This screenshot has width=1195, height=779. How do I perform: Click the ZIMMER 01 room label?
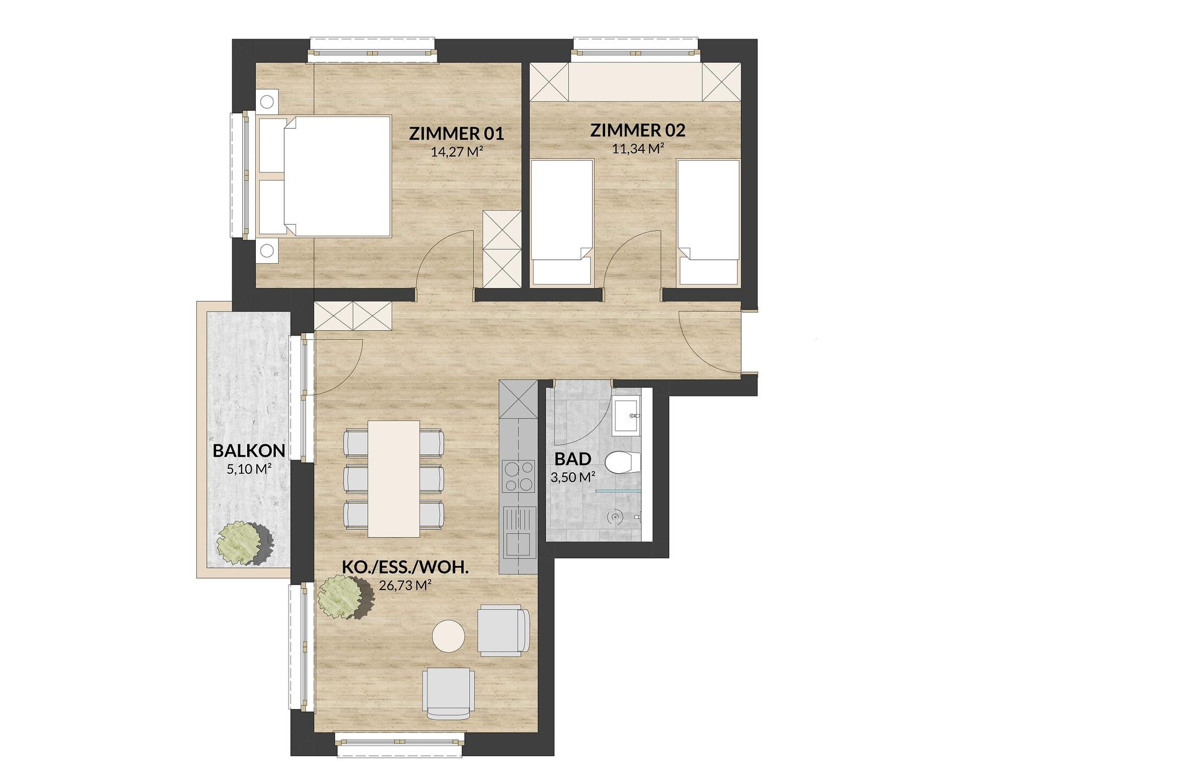(x=456, y=134)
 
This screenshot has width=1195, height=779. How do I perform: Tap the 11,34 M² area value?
(x=638, y=148)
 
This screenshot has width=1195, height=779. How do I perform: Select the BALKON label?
(x=249, y=451)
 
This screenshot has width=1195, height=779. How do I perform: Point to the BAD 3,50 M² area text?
(x=573, y=478)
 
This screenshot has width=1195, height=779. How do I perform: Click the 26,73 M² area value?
(x=405, y=585)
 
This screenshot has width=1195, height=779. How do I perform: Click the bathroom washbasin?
(x=627, y=415)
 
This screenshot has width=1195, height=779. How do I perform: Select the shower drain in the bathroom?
(x=614, y=518)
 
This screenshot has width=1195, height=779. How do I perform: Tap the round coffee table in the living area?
(x=449, y=636)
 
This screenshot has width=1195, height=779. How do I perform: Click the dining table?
(x=394, y=479)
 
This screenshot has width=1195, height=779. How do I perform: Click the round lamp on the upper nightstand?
(x=267, y=102)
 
